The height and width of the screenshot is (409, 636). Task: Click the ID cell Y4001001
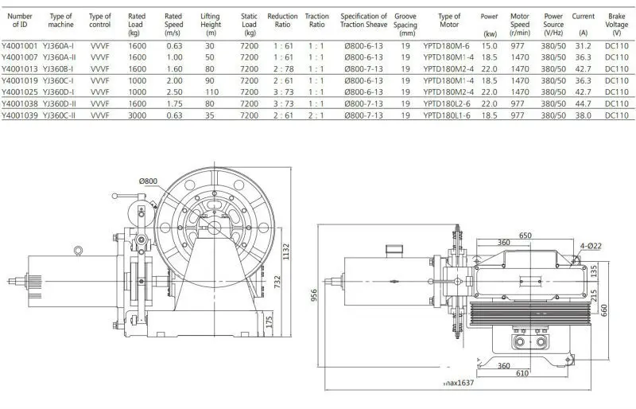pos(21,46)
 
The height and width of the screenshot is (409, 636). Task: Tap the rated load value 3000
pos(137,114)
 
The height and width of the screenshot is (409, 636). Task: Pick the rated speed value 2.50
pos(173,92)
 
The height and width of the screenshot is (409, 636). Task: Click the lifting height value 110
pos(211,92)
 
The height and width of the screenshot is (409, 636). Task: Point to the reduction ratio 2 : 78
pos(282,68)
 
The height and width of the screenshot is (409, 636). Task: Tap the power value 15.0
pos(490,46)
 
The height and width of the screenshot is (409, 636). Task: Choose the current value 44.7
pos(583,103)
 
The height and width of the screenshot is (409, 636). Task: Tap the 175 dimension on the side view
pos(270,323)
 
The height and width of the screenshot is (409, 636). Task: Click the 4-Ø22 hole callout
pos(588,245)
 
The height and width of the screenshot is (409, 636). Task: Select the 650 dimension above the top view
pos(525,236)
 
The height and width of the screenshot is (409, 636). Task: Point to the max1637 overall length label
pos(460,384)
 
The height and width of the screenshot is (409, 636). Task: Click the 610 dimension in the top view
pos(521,373)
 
